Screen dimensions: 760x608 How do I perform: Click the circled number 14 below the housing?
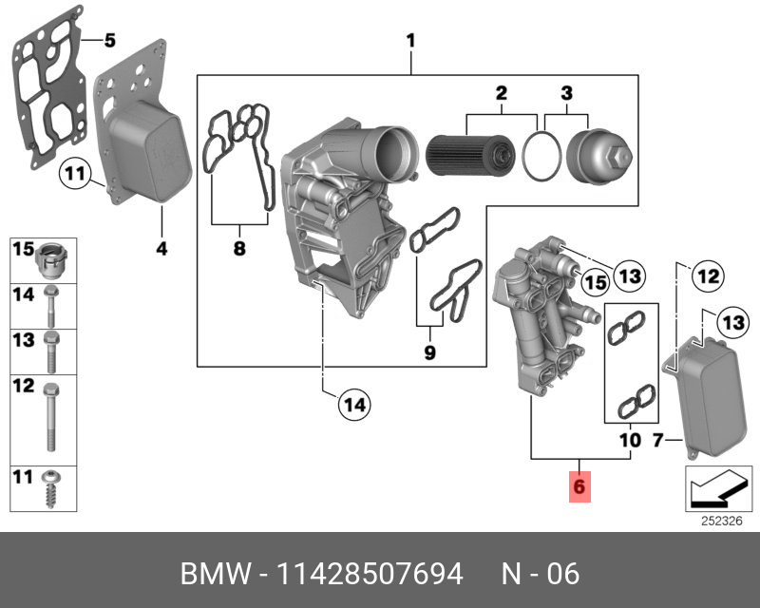(x=353, y=406)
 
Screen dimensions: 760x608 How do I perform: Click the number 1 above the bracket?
(x=410, y=41)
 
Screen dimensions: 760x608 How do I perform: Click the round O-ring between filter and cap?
(x=542, y=155)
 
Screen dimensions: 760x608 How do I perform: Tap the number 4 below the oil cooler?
(x=161, y=249)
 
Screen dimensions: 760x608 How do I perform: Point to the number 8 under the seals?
(x=238, y=249)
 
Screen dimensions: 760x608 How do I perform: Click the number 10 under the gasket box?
(x=630, y=441)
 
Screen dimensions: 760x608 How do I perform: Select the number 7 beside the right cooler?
(x=655, y=440)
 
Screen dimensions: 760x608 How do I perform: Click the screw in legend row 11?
(x=50, y=486)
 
